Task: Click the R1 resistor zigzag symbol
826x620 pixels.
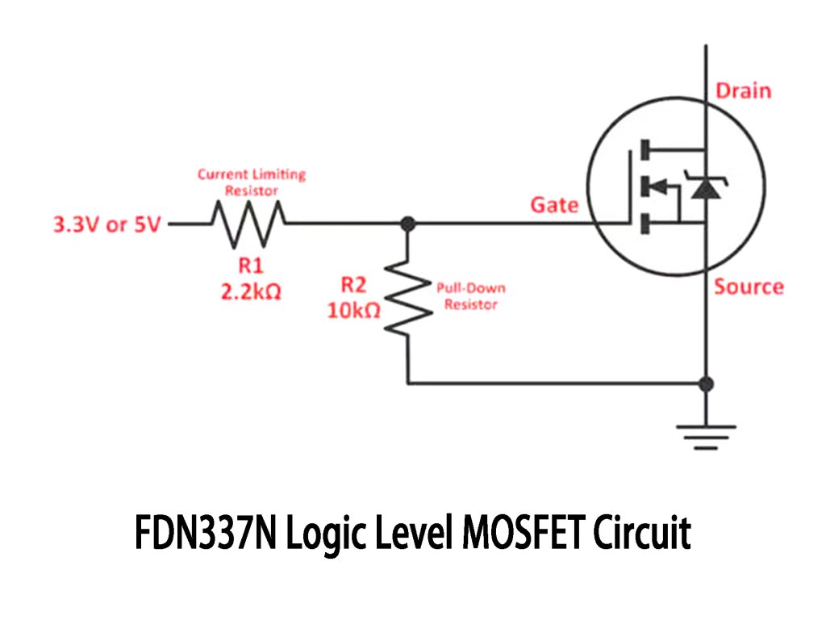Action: coord(248,224)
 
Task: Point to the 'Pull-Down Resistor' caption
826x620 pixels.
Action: coord(471,296)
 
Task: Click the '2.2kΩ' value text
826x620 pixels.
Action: coord(251,292)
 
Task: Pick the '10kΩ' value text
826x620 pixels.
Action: coord(353,310)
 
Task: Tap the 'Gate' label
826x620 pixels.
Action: coord(554,205)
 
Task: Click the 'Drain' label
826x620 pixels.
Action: coord(744,90)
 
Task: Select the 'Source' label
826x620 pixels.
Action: coord(749,287)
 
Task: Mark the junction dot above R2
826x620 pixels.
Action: coord(409,224)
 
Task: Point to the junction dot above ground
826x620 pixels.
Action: coord(706,383)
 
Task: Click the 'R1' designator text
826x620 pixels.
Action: coord(250,266)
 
